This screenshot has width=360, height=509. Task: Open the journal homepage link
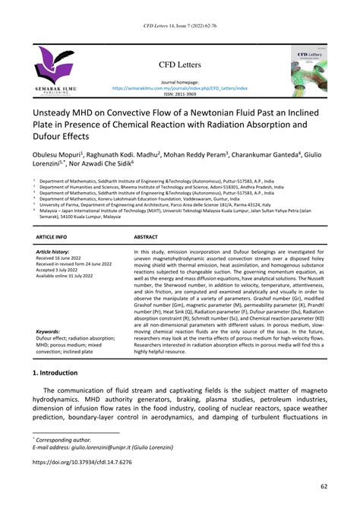click(x=181, y=88)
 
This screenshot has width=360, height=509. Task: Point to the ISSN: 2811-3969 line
click(x=180, y=94)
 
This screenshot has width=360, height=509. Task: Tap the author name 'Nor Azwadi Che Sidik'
click(x=101, y=164)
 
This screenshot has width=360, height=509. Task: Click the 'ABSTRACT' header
click(x=146, y=238)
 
